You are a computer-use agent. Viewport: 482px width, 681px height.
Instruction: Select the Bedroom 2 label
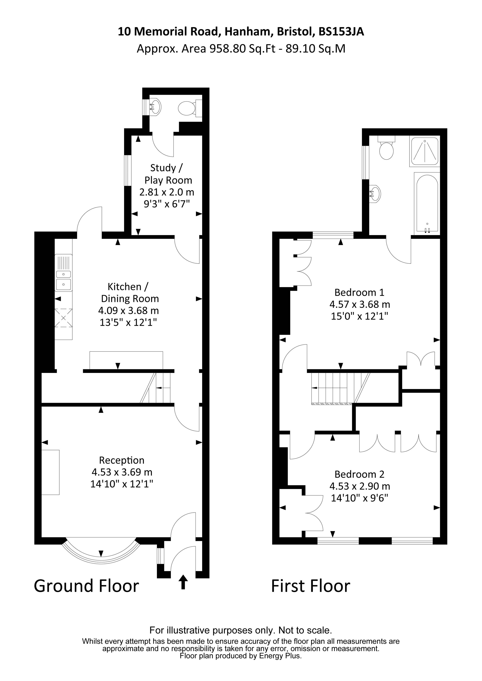[x=359, y=474]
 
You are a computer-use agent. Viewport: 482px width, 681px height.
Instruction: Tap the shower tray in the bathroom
[x=425, y=151]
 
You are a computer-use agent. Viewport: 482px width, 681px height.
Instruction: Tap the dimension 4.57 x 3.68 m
[x=360, y=304]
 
